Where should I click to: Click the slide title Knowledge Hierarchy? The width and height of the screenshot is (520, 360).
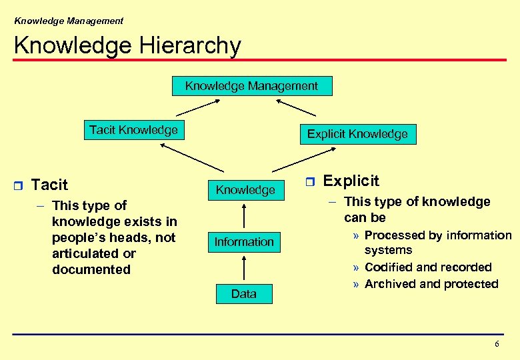[x=127, y=45]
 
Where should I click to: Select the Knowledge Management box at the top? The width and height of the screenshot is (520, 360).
[x=251, y=86]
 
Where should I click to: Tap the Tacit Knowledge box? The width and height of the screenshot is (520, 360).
[x=133, y=130]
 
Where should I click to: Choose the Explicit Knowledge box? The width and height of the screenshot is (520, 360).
[x=357, y=134]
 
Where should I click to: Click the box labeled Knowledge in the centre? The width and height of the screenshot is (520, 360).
[x=245, y=190]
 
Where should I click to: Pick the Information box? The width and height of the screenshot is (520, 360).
[x=244, y=242]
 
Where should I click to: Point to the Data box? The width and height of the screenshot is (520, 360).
[x=243, y=293]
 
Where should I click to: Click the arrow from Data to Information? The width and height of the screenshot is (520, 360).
[x=245, y=268]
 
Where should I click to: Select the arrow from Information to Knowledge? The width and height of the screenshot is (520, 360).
[x=245, y=216]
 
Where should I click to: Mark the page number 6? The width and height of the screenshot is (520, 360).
[x=496, y=344]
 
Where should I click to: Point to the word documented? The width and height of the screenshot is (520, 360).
[x=91, y=270]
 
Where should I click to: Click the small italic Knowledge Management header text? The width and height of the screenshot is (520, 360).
[x=69, y=21]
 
